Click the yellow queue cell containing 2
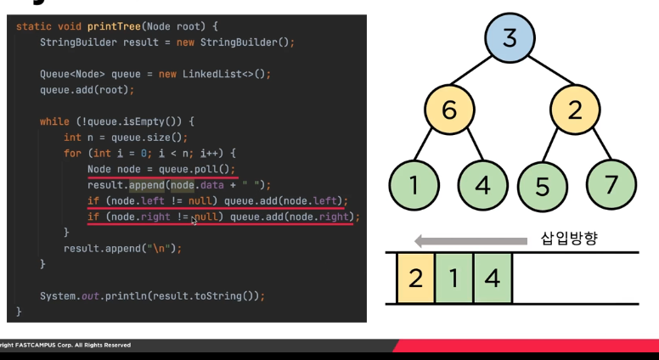[416, 278]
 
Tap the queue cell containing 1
[454, 278]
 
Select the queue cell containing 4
[493, 278]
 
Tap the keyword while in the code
[54, 121]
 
